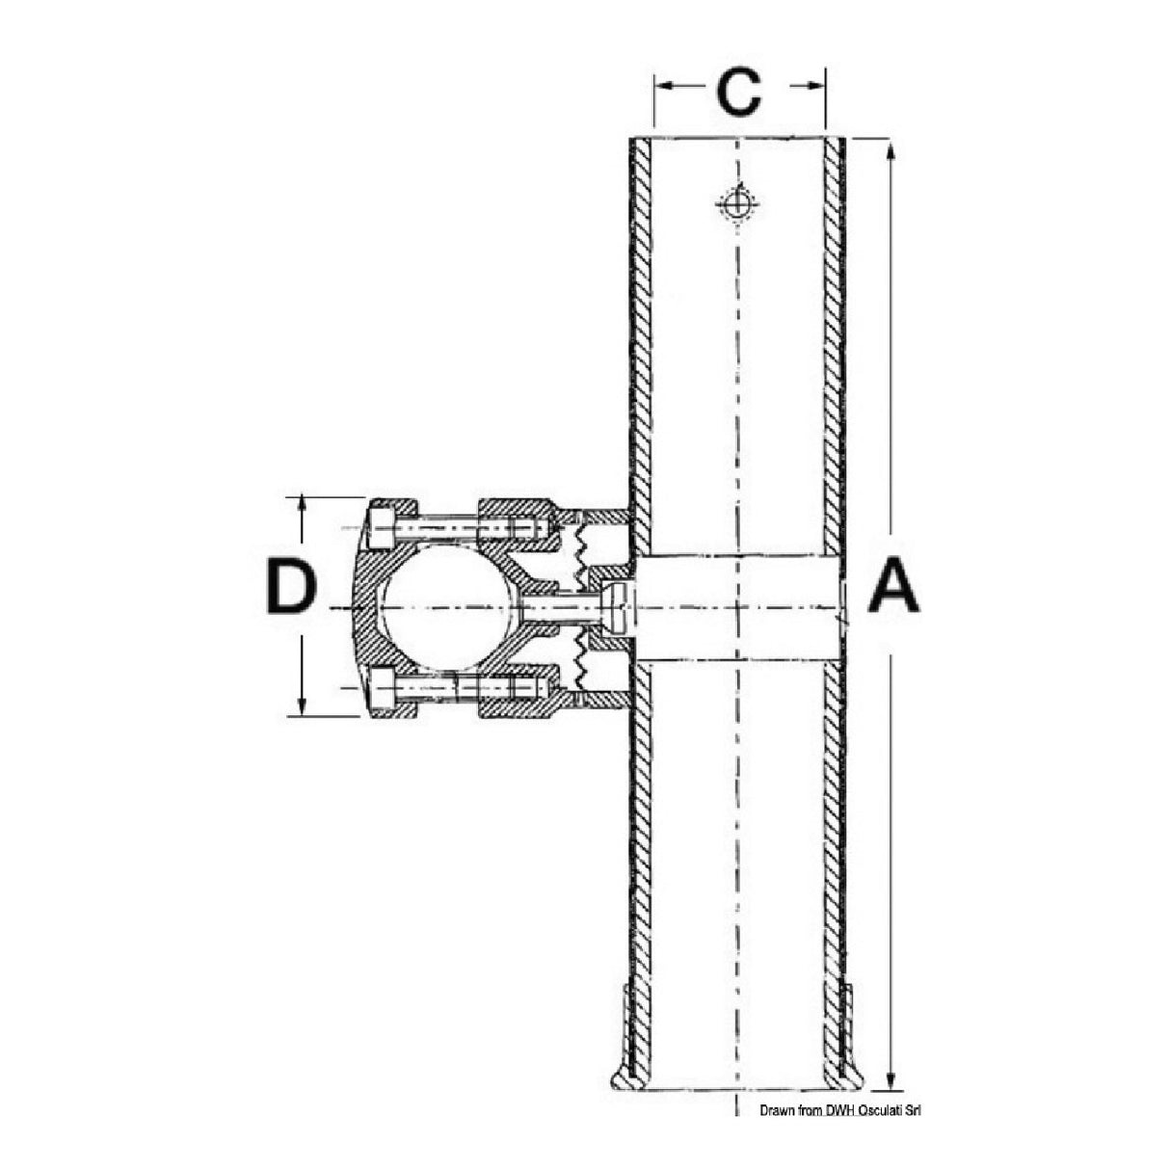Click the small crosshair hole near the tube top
pyautogui.click(x=737, y=203)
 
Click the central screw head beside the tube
pyautogui.click(x=615, y=608)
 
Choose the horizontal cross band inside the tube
pyautogui.click(x=737, y=608)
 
